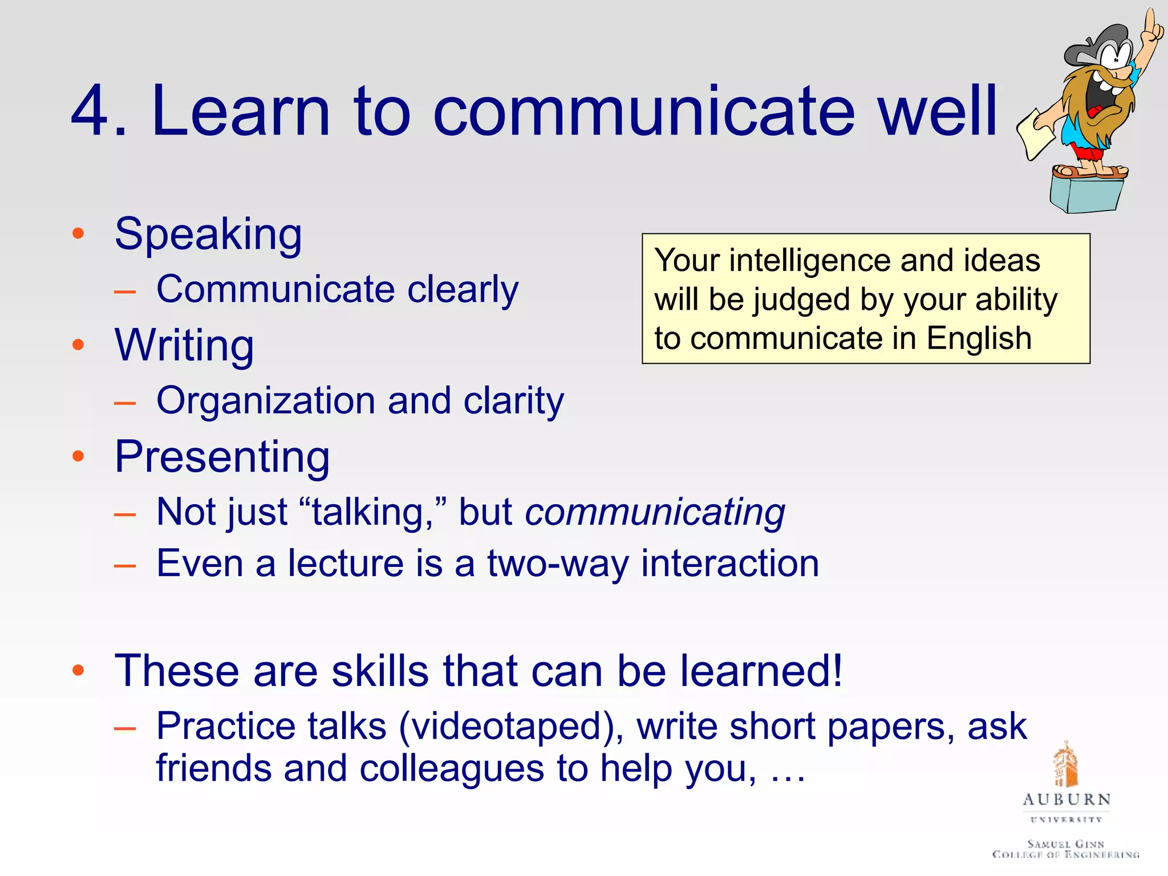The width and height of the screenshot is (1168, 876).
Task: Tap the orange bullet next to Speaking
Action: tap(78, 234)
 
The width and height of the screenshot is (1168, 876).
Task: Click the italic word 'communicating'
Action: tap(655, 512)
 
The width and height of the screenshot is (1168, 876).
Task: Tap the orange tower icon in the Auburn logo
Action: tap(1065, 764)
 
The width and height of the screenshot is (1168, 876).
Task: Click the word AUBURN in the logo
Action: tap(1066, 800)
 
